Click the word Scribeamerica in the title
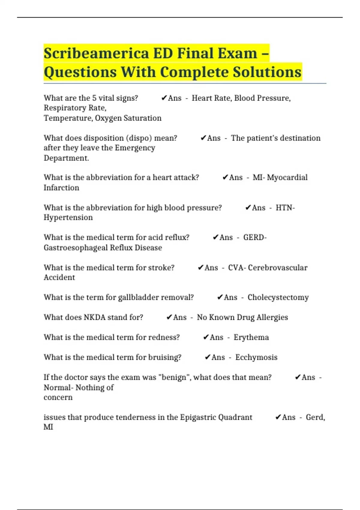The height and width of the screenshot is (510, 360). click(96, 53)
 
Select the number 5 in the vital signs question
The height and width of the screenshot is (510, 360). click(94, 98)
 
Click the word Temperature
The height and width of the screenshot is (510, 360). click(68, 118)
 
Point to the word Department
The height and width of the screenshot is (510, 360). click(66, 158)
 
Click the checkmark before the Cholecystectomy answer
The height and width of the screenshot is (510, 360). click(220, 297)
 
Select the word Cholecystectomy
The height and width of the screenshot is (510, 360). click(278, 297)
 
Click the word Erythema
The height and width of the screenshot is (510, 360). click(251, 337)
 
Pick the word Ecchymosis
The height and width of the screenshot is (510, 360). click(256, 357)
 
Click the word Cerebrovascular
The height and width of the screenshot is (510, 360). click(277, 268)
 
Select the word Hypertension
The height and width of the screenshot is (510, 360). click(68, 217)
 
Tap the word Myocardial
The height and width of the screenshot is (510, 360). click(287, 178)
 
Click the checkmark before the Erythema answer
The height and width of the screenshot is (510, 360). click(206, 337)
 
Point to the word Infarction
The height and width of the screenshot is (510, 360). click(61, 188)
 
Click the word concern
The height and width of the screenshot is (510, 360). click(58, 397)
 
